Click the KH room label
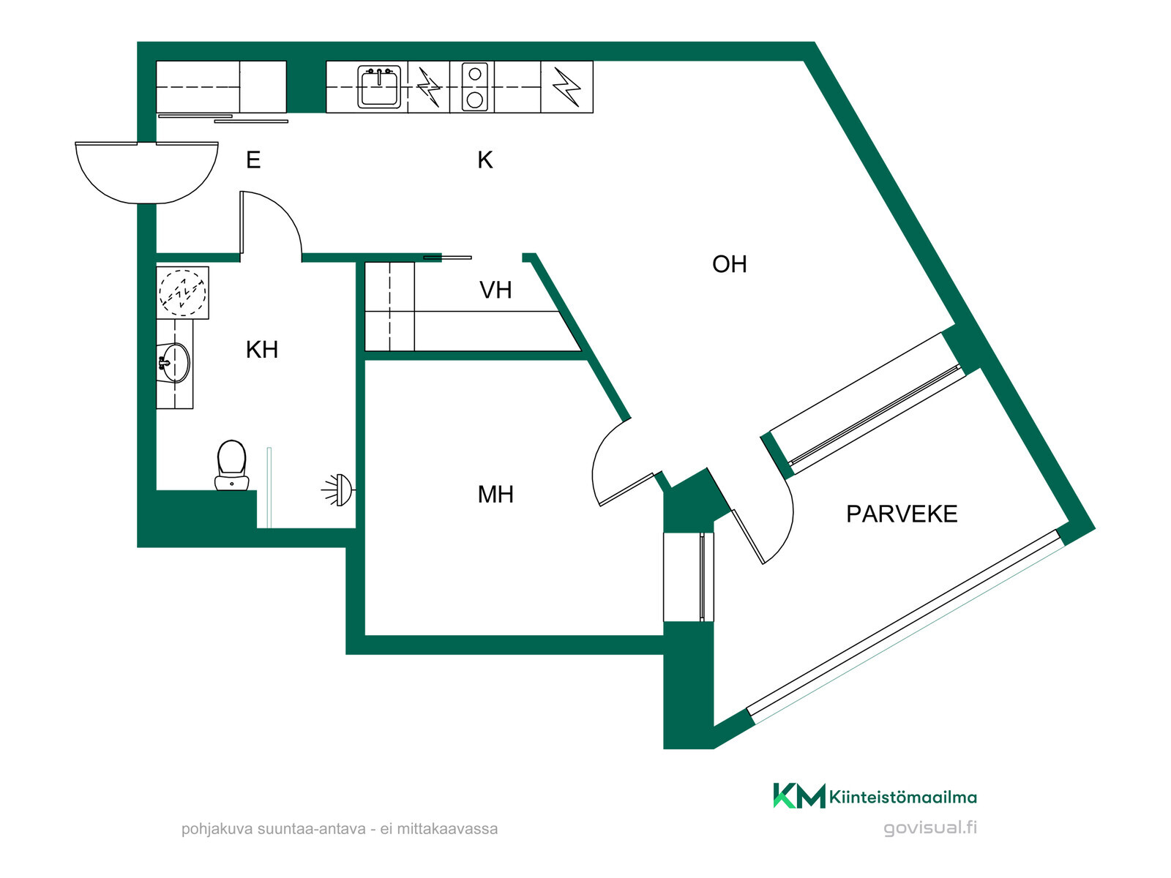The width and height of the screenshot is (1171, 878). (261, 350)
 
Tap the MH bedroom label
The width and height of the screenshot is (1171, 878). (495, 495)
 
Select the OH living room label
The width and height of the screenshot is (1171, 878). (729, 264)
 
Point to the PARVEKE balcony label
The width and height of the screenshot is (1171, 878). (902, 514)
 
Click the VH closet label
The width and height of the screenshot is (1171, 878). (495, 290)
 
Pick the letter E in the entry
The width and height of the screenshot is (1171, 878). (253, 160)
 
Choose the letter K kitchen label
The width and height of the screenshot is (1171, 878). (485, 160)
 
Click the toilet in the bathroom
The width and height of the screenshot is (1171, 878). (231, 465)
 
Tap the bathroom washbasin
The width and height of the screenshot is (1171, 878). (174, 362)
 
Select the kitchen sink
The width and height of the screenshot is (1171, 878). (379, 87)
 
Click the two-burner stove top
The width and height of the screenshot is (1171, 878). (474, 86)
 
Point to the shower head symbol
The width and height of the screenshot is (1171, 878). (338, 490)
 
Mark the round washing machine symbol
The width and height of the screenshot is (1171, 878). (182, 293)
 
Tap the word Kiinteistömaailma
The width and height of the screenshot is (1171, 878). (902, 797)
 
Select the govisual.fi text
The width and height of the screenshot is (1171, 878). (930, 828)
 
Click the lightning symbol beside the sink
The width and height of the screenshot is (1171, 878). (429, 87)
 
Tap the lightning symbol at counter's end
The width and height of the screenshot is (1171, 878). (566, 87)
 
